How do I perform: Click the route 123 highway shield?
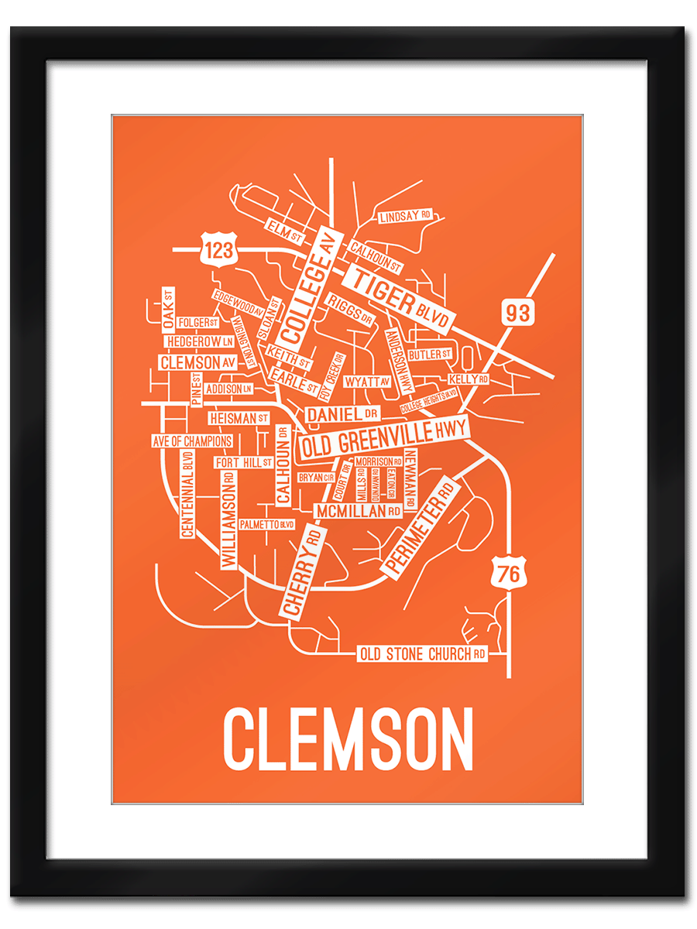[218, 249]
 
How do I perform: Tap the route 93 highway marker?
[518, 313]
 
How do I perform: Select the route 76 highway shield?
[509, 574]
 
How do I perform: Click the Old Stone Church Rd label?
[423, 654]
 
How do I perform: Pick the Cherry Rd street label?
[302, 571]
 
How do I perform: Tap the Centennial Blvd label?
[187, 495]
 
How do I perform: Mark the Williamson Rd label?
[228, 521]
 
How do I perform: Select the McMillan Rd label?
[358, 511]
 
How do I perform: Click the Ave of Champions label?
[192, 441]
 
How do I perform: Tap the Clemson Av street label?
[197, 362]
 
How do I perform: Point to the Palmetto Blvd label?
[267, 524]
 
